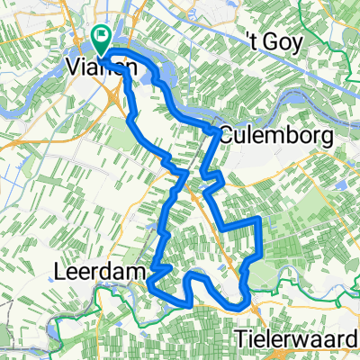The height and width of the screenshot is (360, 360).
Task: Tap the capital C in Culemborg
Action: tap(225, 137)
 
